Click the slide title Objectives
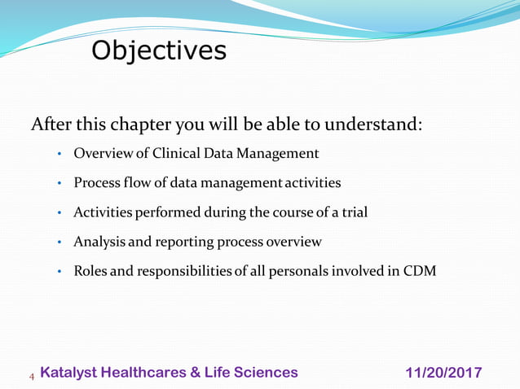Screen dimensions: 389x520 [x=159, y=50]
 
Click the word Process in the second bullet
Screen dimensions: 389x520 [x=96, y=183]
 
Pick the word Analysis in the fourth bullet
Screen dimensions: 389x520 [x=98, y=242]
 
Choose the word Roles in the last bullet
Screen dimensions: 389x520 [x=90, y=271]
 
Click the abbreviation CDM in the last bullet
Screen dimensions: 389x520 [x=419, y=271]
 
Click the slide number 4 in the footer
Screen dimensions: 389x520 [x=32, y=376]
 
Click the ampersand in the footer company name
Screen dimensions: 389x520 [x=196, y=373]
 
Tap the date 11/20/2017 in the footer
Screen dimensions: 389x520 [x=443, y=374]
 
